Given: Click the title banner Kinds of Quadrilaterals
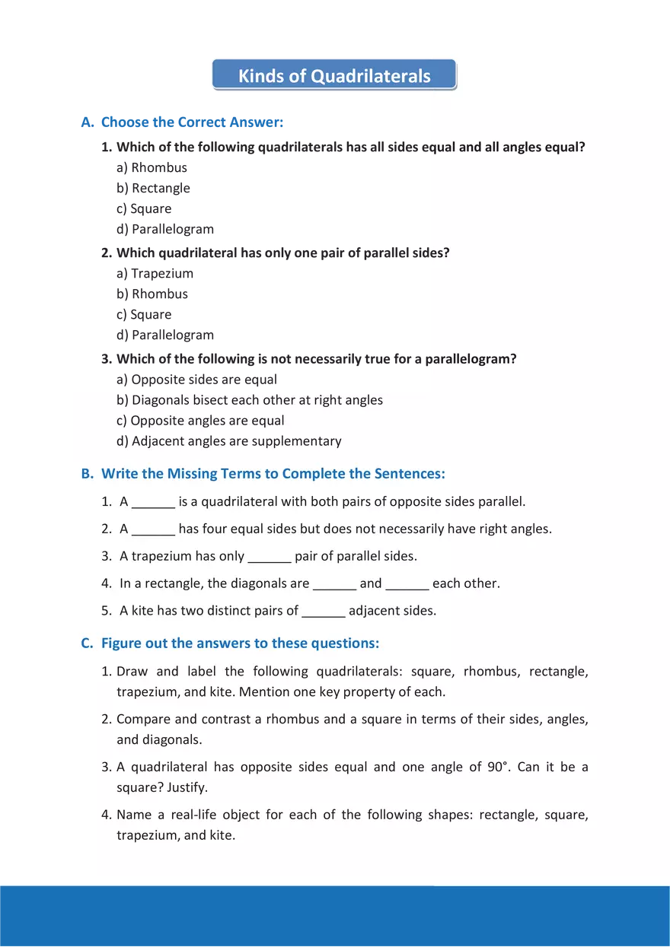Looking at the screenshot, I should click(334, 76).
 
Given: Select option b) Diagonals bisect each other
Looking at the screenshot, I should click(250, 400).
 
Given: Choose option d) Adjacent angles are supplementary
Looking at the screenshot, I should click(228, 441).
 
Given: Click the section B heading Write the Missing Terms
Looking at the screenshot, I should click(273, 474).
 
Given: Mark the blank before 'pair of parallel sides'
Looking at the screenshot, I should click(270, 557).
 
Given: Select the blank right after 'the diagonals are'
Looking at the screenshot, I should click(334, 584).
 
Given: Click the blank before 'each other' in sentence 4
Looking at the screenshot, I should click(407, 584).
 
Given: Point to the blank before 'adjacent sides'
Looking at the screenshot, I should click(324, 611).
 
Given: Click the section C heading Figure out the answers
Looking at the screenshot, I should click(240, 644).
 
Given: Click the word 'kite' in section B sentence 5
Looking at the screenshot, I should click(142, 611).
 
